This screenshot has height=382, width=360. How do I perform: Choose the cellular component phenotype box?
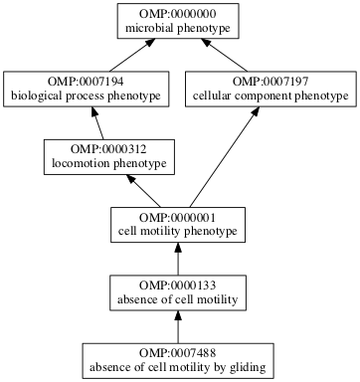tap(270, 89)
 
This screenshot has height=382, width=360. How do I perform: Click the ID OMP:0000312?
tap(104, 148)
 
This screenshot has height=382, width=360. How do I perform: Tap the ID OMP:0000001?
tap(178, 217)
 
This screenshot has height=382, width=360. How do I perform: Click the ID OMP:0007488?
tap(178, 353)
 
